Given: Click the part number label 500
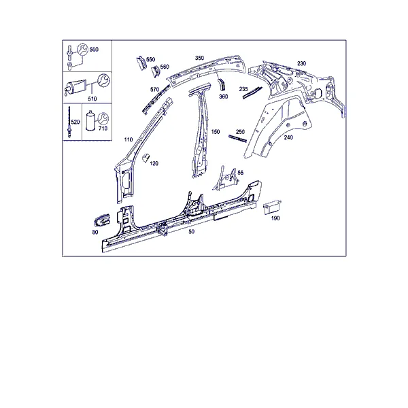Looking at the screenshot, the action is [94, 50].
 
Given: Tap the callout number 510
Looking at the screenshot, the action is [92, 99].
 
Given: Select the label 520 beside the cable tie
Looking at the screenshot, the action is [75, 122].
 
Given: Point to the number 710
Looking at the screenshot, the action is [103, 129].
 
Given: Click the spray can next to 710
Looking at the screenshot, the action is [90, 120].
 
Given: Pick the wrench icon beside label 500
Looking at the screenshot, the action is [83, 50].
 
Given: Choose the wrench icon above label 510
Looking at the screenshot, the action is [103, 80].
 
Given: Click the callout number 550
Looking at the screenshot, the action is [151, 60].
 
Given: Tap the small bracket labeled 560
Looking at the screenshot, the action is [156, 71].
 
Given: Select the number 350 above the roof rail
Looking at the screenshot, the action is [199, 58].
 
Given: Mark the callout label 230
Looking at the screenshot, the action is [301, 63].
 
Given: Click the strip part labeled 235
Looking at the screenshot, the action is [252, 92].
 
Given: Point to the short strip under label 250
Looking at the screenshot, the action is [237, 139].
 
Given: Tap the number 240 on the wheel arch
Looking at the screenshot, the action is [288, 137].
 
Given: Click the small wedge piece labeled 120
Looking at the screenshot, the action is [146, 158].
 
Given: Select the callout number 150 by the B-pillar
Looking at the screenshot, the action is [216, 132].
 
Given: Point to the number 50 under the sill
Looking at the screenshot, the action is [191, 231].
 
